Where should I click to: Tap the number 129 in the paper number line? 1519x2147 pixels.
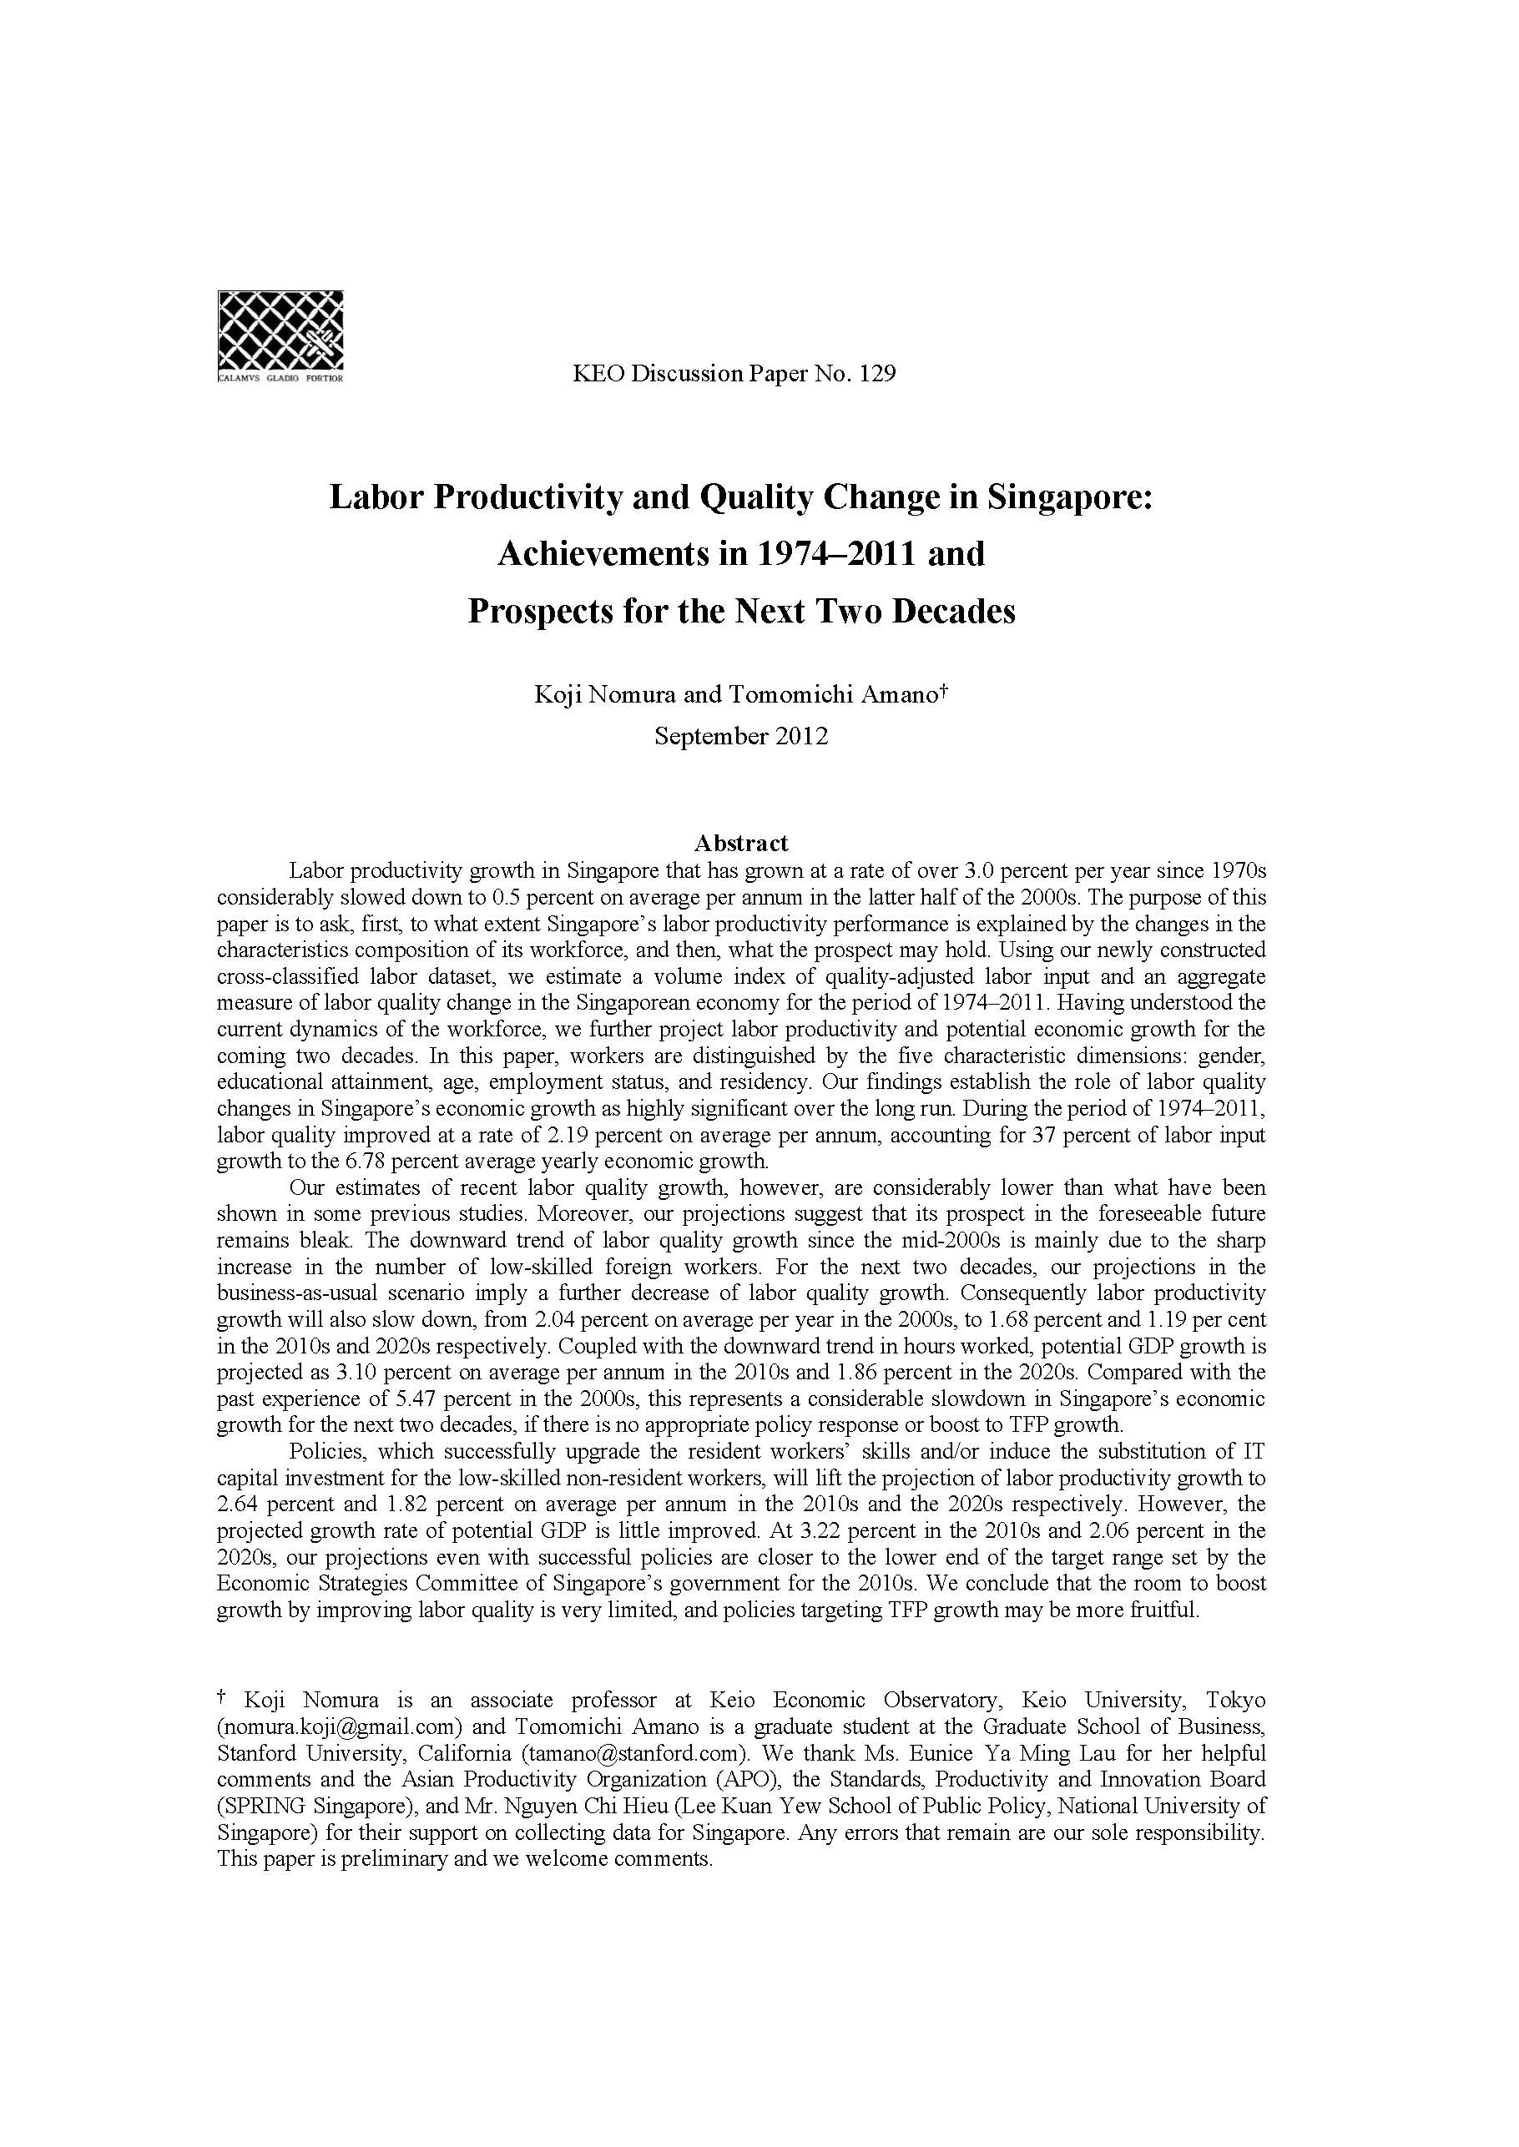tap(877, 374)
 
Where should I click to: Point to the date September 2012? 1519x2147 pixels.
tap(741, 736)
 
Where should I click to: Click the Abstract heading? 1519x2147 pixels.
tap(741, 844)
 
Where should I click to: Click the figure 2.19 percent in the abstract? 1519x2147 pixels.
tap(614, 1135)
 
